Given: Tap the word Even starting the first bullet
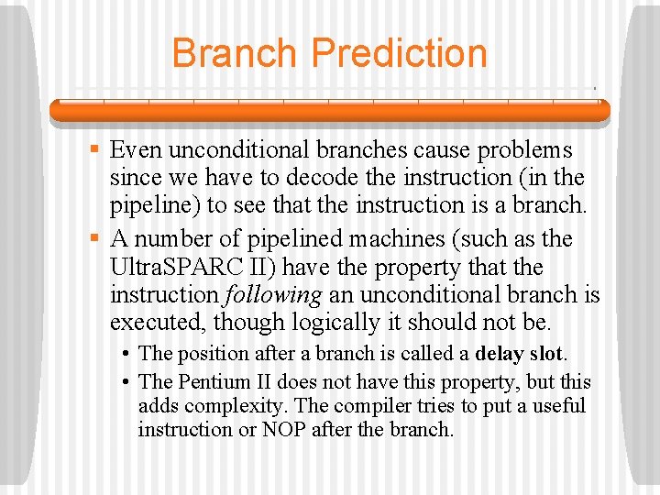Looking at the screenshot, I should (137, 149).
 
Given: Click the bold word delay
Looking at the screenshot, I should (501, 354).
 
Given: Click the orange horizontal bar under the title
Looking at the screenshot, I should (329, 111).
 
